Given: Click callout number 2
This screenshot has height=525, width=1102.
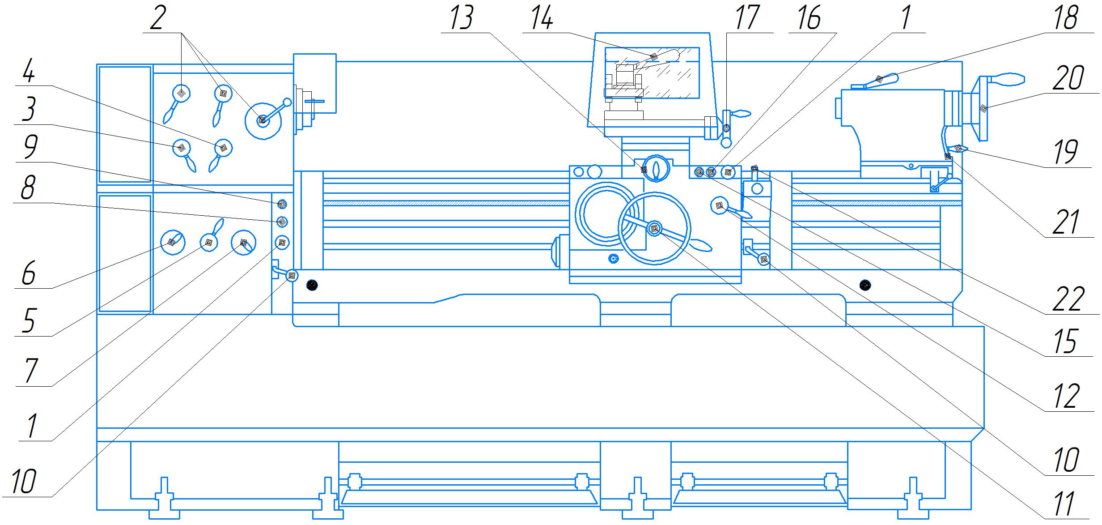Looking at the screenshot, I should [x=156, y=19].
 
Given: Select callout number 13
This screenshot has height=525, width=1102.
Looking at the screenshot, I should [x=462, y=19].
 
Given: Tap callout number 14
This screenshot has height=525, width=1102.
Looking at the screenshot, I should [x=541, y=19].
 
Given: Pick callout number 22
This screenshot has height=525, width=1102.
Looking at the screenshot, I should [x=1068, y=299].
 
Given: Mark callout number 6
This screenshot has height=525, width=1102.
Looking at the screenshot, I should [x=29, y=274].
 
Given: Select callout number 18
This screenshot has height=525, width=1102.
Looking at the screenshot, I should [x=1066, y=19].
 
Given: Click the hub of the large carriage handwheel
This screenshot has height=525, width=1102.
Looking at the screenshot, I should [x=654, y=229].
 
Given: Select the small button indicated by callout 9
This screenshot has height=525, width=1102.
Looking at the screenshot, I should [x=282, y=204].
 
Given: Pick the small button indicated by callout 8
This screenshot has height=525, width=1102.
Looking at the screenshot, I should [x=282, y=222].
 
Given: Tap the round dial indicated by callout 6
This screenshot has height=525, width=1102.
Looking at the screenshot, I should [x=172, y=242].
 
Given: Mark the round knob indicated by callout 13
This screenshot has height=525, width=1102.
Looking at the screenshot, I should [x=656, y=169].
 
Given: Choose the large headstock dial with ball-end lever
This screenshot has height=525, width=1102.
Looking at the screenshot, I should [x=263, y=120].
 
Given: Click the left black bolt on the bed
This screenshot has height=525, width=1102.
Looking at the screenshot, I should [x=312, y=285].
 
